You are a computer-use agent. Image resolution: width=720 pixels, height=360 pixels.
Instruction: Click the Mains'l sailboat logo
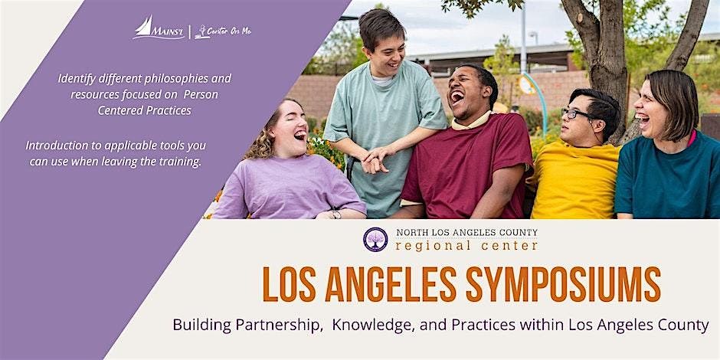tap(159, 28)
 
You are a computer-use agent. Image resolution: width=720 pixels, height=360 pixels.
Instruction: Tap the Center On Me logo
tap(223, 31)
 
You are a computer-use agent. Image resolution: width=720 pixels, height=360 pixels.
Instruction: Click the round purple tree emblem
tap(375, 239)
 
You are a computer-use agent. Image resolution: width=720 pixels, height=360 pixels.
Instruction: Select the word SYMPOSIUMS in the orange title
tap(563, 283)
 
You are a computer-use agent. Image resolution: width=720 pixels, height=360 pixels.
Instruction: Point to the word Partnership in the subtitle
tap(277, 325)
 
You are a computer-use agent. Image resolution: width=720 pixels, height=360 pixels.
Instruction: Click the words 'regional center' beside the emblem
tap(466, 246)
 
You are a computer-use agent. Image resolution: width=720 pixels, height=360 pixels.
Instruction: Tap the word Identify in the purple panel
tap(77, 79)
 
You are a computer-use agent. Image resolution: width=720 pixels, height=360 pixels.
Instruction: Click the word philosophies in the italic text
tap(170, 79)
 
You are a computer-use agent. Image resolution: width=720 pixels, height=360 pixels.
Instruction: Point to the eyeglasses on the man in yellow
tap(576, 113)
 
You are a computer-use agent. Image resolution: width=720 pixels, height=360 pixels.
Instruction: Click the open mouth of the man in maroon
tap(457, 97)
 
